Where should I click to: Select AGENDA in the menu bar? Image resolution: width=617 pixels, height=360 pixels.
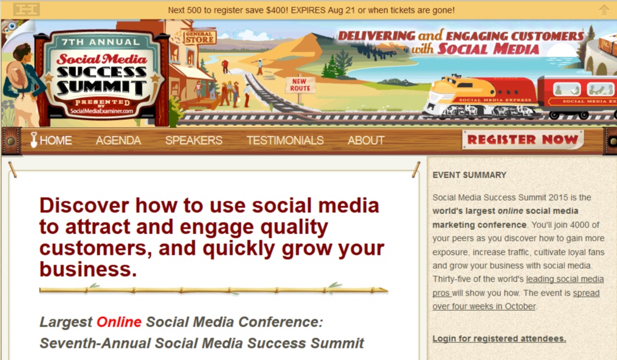tap(119, 140)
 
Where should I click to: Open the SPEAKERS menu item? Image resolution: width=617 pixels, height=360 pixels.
tap(193, 140)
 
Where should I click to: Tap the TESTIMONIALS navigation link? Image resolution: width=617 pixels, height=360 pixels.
tap(285, 140)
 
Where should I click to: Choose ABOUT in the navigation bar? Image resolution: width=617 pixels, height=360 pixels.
tap(366, 140)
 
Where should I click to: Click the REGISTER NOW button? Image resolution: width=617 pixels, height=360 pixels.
tap(523, 140)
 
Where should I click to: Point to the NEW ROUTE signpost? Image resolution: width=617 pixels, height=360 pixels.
tap(300, 85)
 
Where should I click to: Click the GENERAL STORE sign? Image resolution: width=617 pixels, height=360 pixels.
tap(199, 37)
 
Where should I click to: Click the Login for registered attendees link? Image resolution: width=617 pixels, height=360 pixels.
tap(499, 338)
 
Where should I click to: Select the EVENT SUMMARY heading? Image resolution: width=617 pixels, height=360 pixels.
tap(469, 175)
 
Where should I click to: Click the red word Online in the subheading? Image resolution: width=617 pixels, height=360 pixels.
tap(119, 322)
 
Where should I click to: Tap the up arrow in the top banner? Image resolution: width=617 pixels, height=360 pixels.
tap(604, 10)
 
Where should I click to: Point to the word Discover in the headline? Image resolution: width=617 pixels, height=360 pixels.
tap(84, 206)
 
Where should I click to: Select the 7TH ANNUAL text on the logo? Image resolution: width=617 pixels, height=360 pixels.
tap(101, 42)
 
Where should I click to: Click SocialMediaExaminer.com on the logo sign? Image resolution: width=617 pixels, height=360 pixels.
tap(102, 111)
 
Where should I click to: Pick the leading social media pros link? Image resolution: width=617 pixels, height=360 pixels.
tap(519, 286)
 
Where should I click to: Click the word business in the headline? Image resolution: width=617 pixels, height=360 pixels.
tap(88, 269)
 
